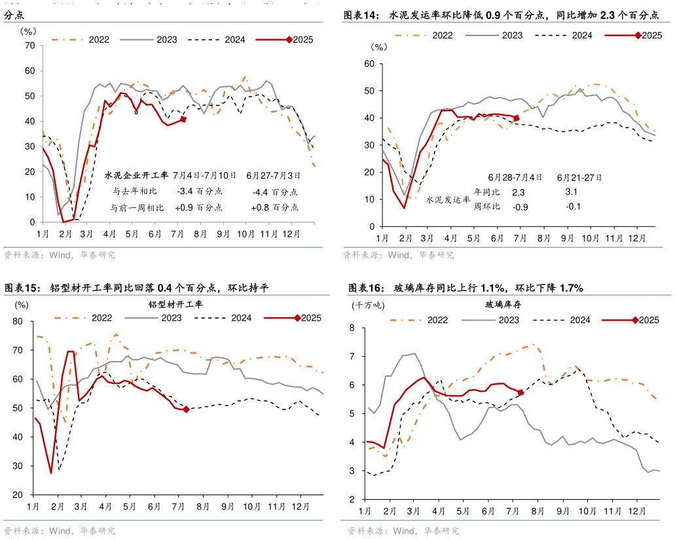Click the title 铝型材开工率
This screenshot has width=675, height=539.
pyautogui.click(x=175, y=305)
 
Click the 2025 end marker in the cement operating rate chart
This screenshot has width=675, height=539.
pyautogui.click(x=183, y=119)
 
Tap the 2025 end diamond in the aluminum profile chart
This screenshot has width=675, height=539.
pyautogui.click(x=186, y=409)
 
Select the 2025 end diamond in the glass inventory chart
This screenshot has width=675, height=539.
pyautogui.click(x=520, y=392)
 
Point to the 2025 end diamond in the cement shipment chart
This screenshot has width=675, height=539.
pyautogui.click(x=517, y=118)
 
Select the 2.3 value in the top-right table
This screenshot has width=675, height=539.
pyautogui.click(x=519, y=192)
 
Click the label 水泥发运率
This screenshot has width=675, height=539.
pyautogui.click(x=448, y=200)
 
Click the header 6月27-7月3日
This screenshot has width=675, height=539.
pyautogui.click(x=274, y=175)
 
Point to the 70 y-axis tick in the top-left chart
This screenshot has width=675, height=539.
pyautogui.click(x=29, y=45)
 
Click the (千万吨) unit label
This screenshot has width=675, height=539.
pyautogui.click(x=368, y=305)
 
